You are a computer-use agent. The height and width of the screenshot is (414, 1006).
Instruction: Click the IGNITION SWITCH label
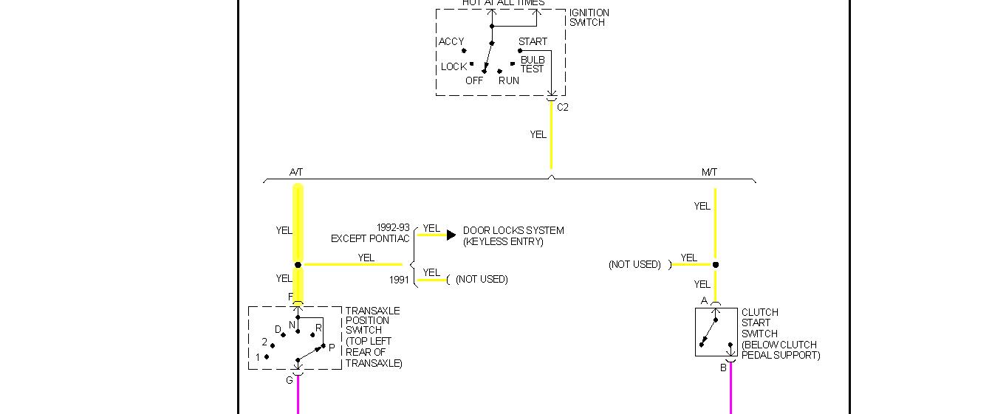pos(589,18)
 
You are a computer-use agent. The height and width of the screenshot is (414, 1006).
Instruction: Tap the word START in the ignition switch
pos(533,41)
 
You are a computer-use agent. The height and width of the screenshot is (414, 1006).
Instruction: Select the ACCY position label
pos(451,41)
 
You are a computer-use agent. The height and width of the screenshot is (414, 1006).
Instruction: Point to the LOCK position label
pos(454,66)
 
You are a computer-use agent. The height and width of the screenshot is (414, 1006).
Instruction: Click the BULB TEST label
pos(532,64)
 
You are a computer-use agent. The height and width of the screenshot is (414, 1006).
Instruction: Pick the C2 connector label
pos(563,107)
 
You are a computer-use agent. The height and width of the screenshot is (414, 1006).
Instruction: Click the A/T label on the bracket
pos(296,172)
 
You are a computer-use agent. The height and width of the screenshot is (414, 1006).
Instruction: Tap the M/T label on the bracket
pos(709,172)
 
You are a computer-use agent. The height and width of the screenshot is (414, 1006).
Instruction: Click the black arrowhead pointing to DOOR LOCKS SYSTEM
pos(451,235)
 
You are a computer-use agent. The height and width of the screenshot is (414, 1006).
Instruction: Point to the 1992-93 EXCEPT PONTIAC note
pos(370,233)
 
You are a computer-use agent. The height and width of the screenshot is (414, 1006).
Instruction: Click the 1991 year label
pos(399,280)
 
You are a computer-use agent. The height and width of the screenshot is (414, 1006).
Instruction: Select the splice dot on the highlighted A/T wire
pos(298,264)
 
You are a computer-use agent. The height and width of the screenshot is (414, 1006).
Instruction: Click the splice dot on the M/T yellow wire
pos(715,264)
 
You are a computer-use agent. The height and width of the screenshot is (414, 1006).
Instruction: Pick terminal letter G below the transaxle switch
pos(290,380)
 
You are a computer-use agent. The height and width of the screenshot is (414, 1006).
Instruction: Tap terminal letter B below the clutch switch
pos(723,368)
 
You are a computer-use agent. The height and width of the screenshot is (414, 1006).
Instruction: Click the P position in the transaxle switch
pos(332,348)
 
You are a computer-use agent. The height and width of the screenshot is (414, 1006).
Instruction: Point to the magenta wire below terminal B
pos(730,391)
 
